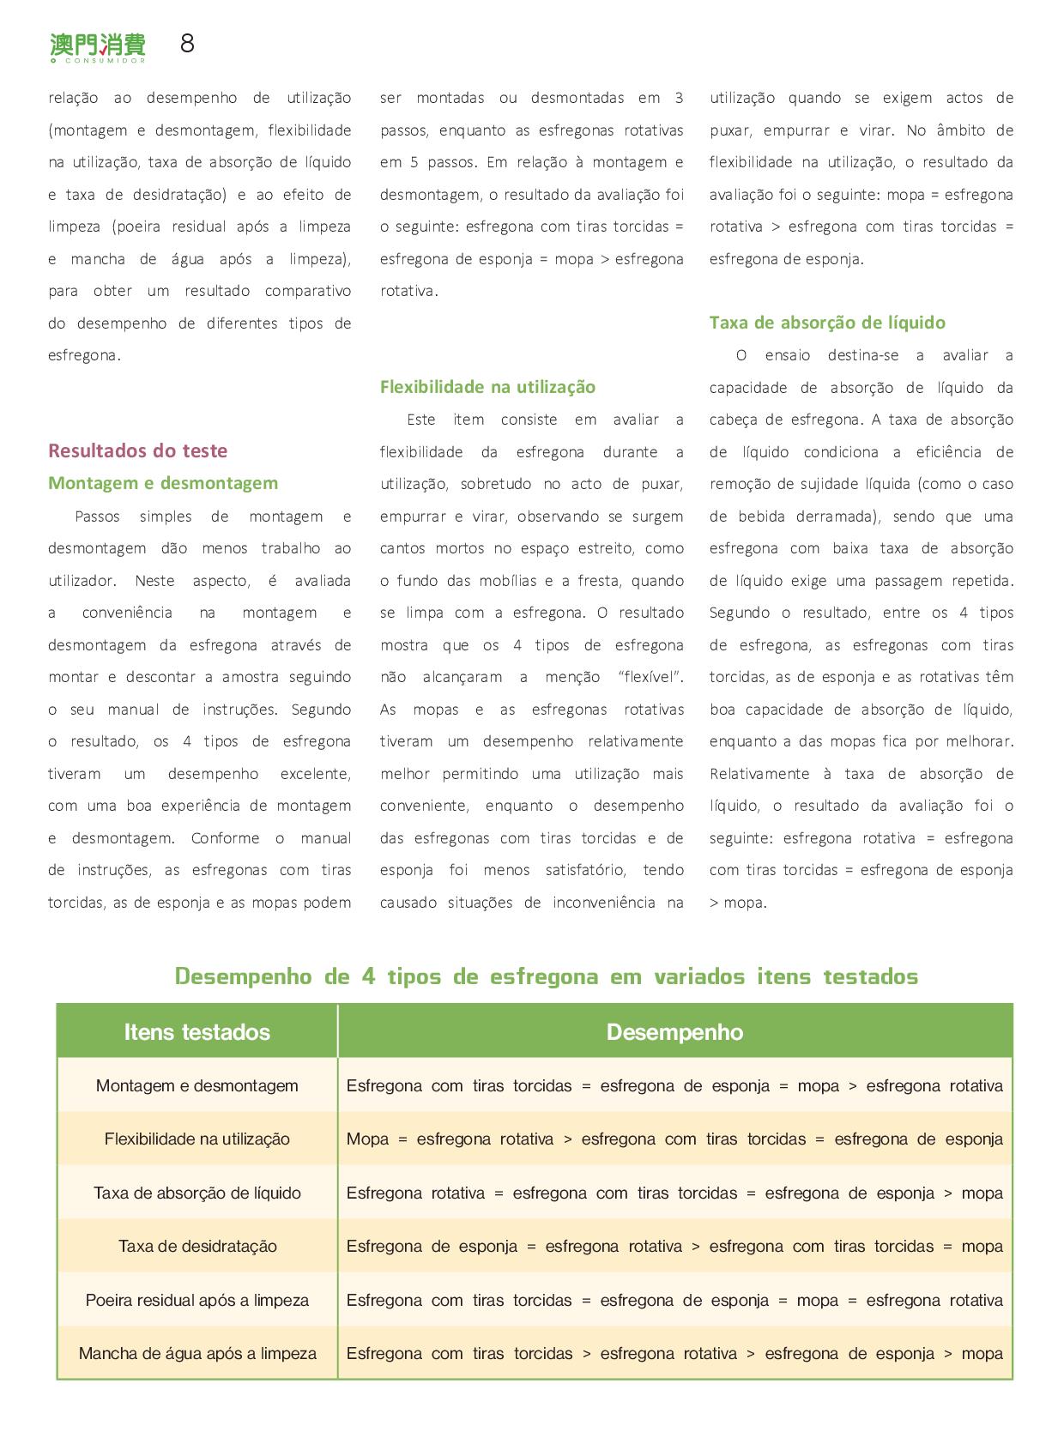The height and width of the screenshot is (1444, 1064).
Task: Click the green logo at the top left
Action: (x=97, y=45)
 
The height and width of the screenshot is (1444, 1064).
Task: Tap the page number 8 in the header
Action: (x=187, y=44)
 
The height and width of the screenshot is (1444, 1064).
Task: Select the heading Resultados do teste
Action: (x=137, y=450)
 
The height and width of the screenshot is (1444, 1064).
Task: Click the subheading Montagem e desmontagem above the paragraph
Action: (x=163, y=483)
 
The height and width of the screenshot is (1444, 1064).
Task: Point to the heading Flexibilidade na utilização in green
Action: (x=487, y=387)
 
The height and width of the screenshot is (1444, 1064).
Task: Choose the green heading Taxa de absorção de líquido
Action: (x=827, y=323)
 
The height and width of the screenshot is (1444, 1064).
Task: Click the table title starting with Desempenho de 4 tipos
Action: (x=546, y=976)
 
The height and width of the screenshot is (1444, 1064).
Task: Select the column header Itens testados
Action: (x=196, y=1032)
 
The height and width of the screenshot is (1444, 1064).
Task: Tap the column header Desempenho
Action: (x=674, y=1032)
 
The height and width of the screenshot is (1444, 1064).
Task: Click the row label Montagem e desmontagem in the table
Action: (x=196, y=1085)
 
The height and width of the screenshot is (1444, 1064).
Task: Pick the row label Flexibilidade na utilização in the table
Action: (x=196, y=1139)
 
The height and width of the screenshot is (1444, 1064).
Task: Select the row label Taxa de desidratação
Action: (x=196, y=1247)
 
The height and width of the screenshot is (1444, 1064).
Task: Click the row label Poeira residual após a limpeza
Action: (x=196, y=1300)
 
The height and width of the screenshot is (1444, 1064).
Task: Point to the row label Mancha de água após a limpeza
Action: (x=196, y=1354)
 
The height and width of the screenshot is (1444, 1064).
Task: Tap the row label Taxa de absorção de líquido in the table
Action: (x=196, y=1193)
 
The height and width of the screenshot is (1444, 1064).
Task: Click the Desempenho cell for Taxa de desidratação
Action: (x=674, y=1247)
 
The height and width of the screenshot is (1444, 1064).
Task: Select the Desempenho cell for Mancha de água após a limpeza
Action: (x=674, y=1354)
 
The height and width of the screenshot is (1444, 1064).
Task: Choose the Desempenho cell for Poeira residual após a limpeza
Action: (x=674, y=1300)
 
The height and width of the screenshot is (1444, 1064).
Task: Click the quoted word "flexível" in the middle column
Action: (x=650, y=677)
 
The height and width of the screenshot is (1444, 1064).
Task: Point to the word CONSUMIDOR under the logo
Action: (x=102, y=61)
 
